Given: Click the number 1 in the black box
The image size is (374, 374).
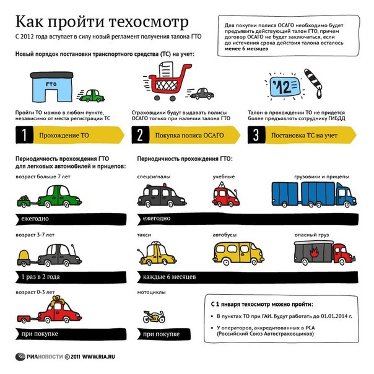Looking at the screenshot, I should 23,135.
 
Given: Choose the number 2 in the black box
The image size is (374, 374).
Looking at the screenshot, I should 141,135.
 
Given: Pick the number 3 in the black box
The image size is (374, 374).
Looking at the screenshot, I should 256,135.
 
